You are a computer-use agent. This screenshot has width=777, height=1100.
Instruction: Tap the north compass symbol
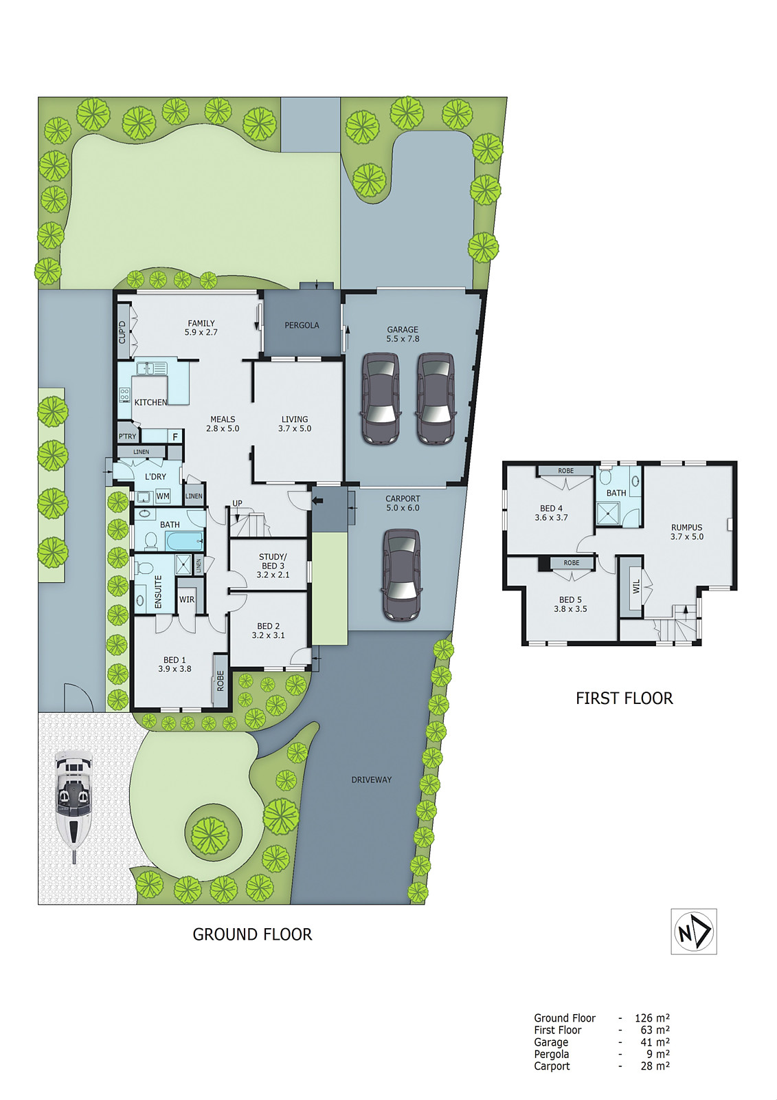pos(693,932)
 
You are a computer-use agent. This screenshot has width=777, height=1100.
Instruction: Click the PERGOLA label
pos(302,325)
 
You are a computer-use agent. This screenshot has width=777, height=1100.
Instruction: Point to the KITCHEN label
pos(150,402)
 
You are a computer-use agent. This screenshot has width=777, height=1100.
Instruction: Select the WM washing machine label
pos(163,496)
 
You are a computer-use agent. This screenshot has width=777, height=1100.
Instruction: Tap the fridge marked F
pos(175,437)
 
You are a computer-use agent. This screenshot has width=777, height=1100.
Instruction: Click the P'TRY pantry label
pos(127,437)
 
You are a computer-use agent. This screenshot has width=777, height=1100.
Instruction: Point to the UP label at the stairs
pos(237,503)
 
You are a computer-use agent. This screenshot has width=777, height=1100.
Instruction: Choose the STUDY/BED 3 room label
pos(273,565)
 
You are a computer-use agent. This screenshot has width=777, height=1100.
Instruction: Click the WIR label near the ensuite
pos(187,599)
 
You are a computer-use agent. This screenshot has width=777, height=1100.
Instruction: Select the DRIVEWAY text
pos(371,780)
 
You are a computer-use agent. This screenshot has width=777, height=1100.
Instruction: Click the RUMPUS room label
pos(686,527)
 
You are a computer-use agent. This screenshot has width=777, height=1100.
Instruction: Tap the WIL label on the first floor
pos(636,586)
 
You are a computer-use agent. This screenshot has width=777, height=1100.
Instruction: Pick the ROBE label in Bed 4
pos(565,471)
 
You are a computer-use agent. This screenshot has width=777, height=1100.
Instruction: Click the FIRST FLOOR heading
pos(624,698)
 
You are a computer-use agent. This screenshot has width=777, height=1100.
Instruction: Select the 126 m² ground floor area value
pos(651,1018)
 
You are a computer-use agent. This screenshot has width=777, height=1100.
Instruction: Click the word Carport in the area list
pos(552,1066)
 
